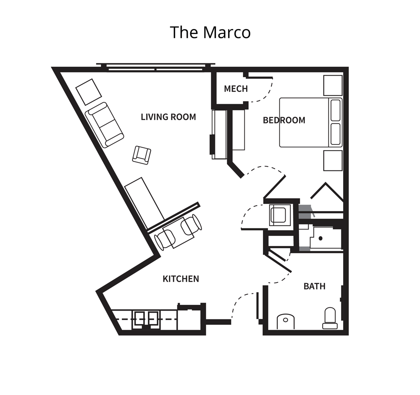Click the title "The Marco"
tap(210, 32)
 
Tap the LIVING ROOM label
tap(168, 117)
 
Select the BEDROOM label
tap(284, 120)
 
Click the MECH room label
tap(236, 89)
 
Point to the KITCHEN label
tap(181, 279)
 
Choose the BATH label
tap(315, 286)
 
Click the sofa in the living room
tap(104, 125)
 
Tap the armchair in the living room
tap(142, 155)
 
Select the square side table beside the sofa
tap(89, 92)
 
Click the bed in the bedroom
tap(311, 123)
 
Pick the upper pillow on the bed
tap(336, 110)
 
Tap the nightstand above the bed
tap(333, 85)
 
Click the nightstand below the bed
tap(333, 160)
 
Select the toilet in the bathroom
tap(330, 318)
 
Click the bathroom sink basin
tap(286, 322)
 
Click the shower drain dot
tap(320, 238)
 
